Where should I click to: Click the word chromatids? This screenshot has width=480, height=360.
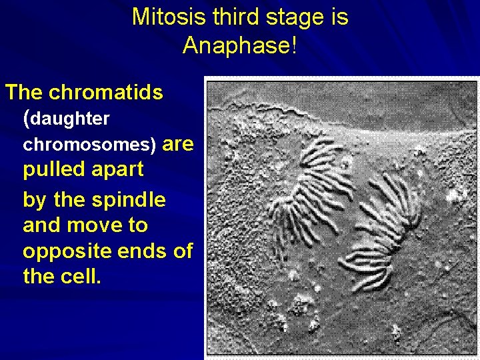[106, 93]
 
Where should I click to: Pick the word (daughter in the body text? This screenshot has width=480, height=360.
[67, 119]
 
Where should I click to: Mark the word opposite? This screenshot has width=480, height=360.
[63, 252]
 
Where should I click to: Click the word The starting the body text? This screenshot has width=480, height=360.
[25, 93]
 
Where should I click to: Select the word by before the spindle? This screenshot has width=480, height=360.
[35, 200]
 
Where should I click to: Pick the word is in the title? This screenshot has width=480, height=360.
[338, 17]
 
